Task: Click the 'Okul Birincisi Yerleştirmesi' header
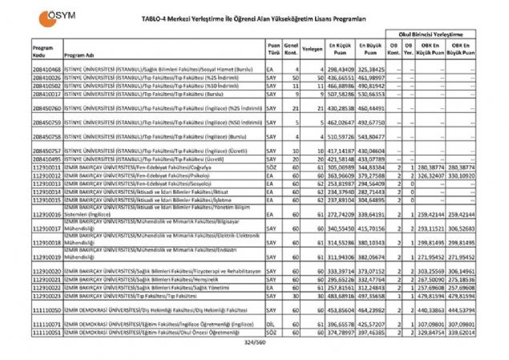433,36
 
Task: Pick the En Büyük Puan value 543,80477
372,137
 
